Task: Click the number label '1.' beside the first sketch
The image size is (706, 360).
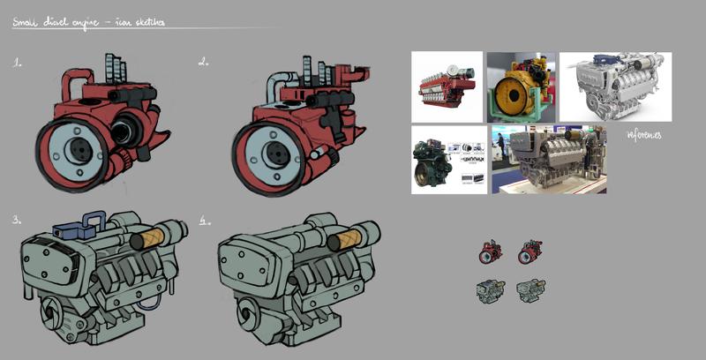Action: coord(18,64)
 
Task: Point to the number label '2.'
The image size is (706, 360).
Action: coord(204,63)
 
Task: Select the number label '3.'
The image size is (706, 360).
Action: coord(18,220)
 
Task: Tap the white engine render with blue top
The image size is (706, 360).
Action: coord(615,86)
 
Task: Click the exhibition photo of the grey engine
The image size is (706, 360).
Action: coord(548,159)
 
